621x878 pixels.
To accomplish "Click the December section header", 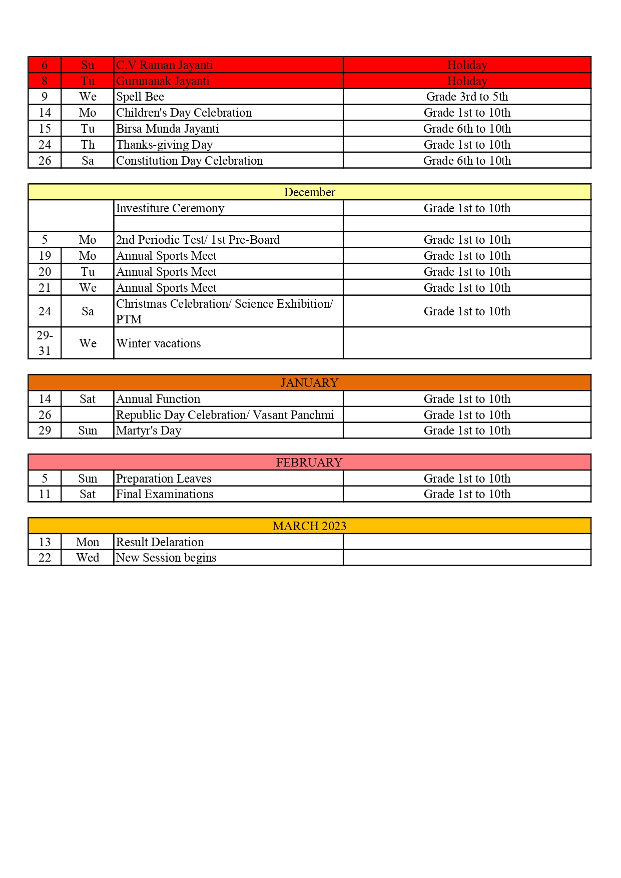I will tap(309, 192).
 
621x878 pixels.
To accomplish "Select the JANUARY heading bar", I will tap(309, 383).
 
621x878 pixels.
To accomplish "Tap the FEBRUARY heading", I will tap(309, 463).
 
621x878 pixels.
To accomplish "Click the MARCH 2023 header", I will tap(309, 526).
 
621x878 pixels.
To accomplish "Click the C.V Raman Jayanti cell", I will tap(165, 65).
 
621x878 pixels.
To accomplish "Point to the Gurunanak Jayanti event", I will tap(163, 81).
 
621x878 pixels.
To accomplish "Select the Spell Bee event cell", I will tap(140, 97).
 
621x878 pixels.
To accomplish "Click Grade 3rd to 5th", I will tap(467, 97).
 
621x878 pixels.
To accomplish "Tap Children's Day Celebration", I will tap(184, 113).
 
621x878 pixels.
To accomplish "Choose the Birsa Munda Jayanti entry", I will tap(168, 129).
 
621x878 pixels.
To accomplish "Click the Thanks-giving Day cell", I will tap(165, 145).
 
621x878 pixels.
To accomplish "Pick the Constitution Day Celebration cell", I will tap(189, 161).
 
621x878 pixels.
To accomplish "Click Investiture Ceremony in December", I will tap(170, 208).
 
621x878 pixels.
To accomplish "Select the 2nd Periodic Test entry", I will tap(198, 240).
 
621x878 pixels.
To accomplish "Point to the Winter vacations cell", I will tap(159, 343).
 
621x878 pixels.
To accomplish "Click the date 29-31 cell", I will tap(45, 343).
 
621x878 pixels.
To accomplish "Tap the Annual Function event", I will tap(158, 399).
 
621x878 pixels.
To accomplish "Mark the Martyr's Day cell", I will tap(149, 430).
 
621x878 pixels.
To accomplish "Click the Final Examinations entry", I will tap(165, 494).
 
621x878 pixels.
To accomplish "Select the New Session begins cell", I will tap(166, 558).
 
